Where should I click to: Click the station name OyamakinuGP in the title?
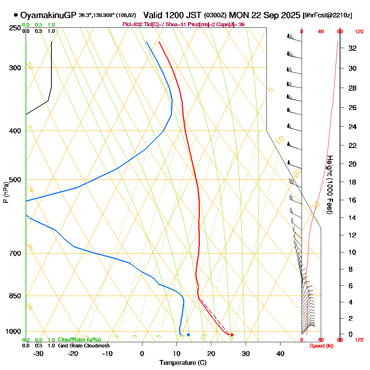[48, 15]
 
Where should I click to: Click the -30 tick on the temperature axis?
[38, 353]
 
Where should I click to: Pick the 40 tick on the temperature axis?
[280, 353]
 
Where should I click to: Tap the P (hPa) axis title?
[6, 192]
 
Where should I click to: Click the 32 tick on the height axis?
[352, 48]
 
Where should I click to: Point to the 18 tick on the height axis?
[352, 182]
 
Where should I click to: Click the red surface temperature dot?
[232, 335]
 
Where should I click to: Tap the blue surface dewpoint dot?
[188, 335]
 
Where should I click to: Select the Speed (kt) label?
[320, 346]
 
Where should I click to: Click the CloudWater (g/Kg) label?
[79, 340]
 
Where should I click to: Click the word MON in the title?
[238, 15]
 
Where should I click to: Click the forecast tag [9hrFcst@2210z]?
[327, 16]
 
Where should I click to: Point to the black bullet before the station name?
[16, 15]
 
